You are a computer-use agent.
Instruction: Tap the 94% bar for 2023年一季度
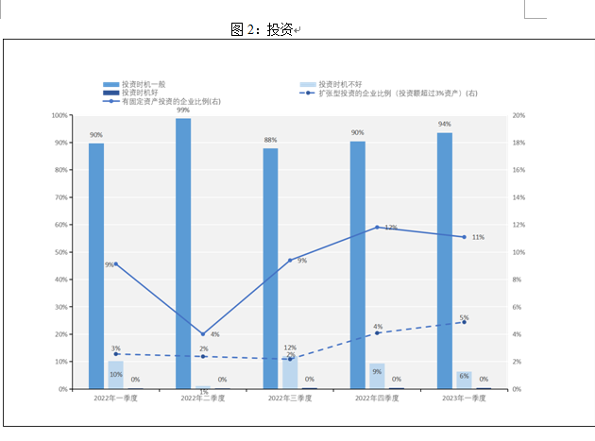click(x=445, y=261)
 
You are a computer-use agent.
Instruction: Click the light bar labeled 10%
click(x=115, y=375)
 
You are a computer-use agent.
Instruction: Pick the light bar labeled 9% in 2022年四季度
click(x=377, y=376)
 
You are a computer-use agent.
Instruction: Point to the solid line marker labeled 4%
click(x=202, y=334)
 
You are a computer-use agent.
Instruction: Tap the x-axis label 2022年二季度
click(x=202, y=399)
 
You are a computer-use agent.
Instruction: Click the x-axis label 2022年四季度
click(x=377, y=399)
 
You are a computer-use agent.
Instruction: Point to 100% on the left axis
click(x=59, y=115)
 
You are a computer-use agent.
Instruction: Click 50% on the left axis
click(x=61, y=252)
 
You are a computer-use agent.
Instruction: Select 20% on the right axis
click(x=518, y=115)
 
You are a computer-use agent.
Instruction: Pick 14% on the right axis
click(x=518, y=197)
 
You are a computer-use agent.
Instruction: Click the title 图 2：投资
click(x=263, y=29)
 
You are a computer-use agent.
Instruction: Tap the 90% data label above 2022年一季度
click(x=96, y=135)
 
